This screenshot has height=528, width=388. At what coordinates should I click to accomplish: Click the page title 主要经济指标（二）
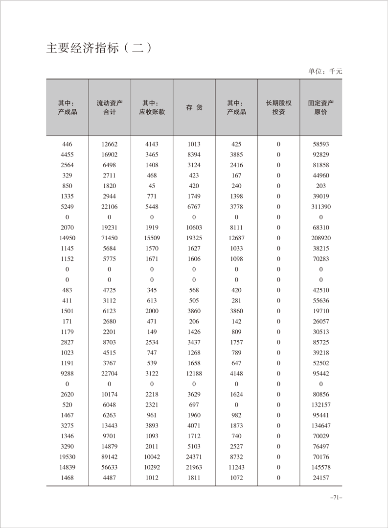(97, 49)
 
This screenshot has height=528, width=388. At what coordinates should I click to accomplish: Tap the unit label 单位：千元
(325, 71)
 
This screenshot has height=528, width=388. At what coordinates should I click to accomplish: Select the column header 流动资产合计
(110, 107)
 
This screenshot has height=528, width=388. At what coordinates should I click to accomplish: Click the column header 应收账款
(152, 107)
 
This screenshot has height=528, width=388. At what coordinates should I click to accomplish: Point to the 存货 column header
(194, 107)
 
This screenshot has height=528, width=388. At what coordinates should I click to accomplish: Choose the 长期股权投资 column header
(278, 107)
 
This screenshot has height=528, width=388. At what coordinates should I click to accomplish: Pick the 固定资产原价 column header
(320, 107)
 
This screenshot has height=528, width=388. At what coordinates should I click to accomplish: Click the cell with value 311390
(321, 207)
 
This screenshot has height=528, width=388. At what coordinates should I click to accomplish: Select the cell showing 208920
(321, 238)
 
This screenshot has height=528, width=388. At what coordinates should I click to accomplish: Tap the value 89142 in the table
(110, 457)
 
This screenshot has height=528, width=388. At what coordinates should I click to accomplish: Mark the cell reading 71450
(110, 238)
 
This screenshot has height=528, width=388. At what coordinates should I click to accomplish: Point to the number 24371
(194, 457)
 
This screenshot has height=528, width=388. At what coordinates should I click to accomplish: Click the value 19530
(68, 457)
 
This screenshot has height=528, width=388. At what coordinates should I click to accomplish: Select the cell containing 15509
(152, 238)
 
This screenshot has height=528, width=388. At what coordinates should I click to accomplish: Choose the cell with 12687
(236, 238)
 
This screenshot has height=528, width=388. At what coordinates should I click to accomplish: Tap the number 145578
(321, 467)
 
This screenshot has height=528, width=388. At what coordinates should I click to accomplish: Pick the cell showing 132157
(321, 405)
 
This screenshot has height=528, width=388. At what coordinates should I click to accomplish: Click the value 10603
(194, 227)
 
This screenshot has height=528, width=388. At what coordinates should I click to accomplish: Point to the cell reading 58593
(321, 144)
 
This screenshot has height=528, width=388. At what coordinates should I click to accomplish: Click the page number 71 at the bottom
(336, 498)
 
